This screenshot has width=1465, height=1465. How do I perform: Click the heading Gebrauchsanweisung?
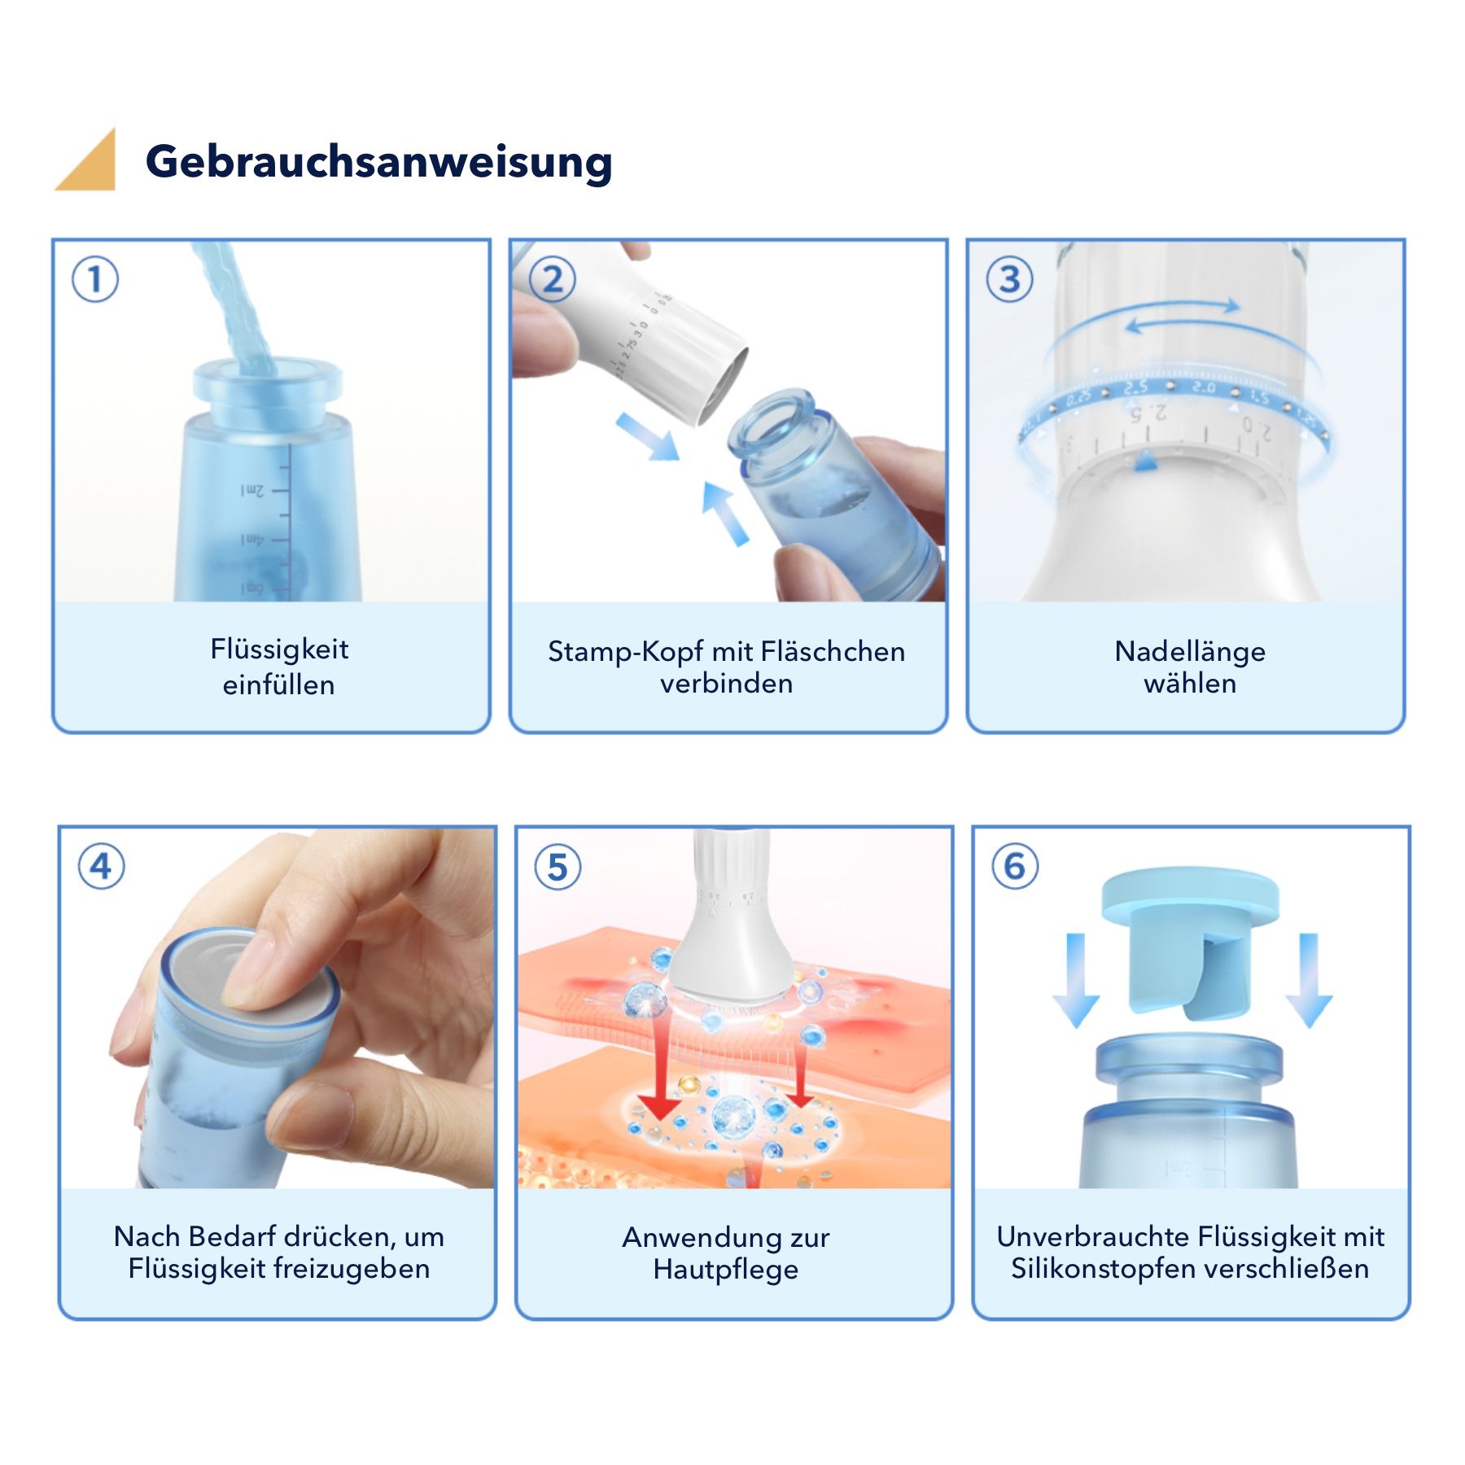point(378,161)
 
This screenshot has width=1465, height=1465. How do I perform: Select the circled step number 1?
point(95,279)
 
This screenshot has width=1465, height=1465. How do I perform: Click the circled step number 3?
point(1009,279)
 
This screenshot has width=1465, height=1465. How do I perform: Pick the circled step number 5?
point(558,867)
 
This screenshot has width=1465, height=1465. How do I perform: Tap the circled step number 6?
point(1015,865)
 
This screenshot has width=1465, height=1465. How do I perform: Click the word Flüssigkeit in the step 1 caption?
point(279,649)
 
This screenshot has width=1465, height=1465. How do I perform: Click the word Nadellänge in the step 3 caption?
point(1189,651)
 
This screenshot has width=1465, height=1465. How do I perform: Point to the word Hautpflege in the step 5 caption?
point(725,1269)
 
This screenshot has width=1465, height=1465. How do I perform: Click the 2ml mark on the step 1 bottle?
point(254,491)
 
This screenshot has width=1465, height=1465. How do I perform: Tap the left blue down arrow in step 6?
point(1075,981)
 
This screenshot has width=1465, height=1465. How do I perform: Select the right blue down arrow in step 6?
point(1308,981)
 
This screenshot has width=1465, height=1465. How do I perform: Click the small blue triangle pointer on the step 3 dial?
point(1146,461)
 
